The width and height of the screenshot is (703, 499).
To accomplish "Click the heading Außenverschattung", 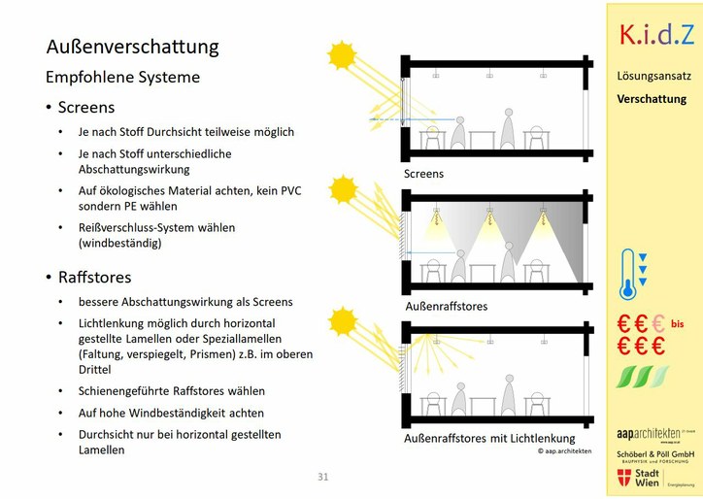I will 132,47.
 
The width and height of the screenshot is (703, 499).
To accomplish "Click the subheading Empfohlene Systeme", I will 122,77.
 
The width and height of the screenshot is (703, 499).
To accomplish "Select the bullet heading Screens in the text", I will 85,108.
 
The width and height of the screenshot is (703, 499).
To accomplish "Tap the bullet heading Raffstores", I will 94,278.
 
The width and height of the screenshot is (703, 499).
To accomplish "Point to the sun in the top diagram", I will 342,54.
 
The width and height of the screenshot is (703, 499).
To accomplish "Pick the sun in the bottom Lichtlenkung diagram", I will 343,320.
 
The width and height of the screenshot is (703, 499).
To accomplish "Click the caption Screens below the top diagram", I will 423,174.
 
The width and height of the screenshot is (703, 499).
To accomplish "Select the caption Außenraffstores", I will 446,306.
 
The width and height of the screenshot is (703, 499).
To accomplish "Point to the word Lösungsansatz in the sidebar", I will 653,75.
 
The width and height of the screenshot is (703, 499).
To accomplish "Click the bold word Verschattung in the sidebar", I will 652,99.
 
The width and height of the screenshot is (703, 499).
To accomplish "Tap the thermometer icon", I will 628,275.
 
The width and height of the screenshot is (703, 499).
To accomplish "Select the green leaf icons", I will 644,377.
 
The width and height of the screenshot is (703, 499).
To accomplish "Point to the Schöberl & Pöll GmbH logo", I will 654,455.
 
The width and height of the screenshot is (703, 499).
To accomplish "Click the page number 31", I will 323,477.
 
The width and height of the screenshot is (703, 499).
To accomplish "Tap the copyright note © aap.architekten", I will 565,451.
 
